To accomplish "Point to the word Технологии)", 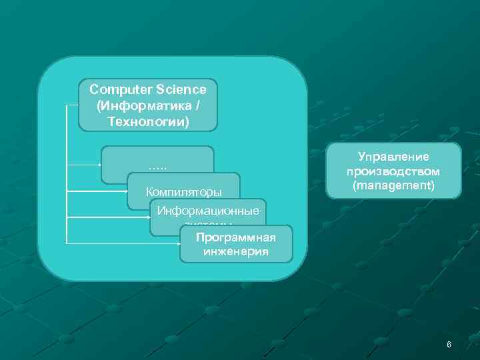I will click(x=148, y=123).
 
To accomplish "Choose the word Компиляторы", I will click(x=184, y=193).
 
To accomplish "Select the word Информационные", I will click(x=208, y=211).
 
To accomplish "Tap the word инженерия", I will click(x=236, y=252).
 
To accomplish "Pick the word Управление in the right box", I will click(x=393, y=158).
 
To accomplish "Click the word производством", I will click(x=393, y=171).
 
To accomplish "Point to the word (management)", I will click(x=393, y=185).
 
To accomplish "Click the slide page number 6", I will click(x=449, y=345).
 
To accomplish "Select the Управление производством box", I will click(x=393, y=171).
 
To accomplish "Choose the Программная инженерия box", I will click(x=236, y=244).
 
